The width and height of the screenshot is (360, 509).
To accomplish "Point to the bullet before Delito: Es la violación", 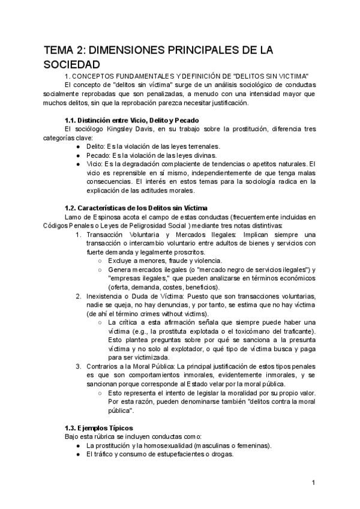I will (x=80, y=146).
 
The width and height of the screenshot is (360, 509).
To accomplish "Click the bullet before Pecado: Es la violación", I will (x=80, y=154).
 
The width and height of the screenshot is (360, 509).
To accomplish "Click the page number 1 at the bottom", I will (x=313, y=483).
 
